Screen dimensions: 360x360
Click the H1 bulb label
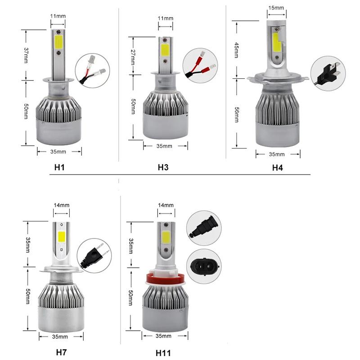coord(60,167)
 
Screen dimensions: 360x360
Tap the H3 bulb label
coord(163,167)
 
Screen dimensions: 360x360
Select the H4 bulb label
coord(278,168)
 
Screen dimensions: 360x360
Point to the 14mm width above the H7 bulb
coord(62,205)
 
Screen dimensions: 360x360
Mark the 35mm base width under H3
coord(164,146)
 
